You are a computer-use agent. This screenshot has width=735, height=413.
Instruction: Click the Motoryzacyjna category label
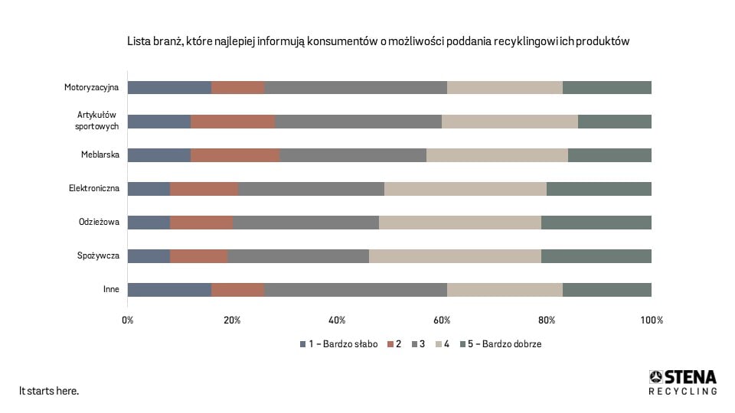[x=91, y=87]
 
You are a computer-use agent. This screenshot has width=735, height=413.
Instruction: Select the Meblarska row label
[x=100, y=155]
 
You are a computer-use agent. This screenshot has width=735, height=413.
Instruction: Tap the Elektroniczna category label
[x=93, y=189]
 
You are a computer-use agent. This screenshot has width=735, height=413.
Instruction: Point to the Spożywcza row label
[x=97, y=256]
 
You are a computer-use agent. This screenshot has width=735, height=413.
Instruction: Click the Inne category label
[x=110, y=290]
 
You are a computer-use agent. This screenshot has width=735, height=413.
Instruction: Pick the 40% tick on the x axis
[x=337, y=320]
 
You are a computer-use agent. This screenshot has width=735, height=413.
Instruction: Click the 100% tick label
[x=652, y=320]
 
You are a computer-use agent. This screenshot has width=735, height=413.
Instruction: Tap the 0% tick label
[x=128, y=320]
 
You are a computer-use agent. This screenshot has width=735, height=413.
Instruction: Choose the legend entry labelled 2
[x=394, y=344]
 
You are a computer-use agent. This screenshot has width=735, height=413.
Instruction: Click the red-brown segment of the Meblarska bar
[x=235, y=155]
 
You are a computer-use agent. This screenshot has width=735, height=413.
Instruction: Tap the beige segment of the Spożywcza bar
[x=455, y=256]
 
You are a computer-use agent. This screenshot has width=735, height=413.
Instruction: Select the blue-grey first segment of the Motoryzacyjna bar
[x=169, y=87]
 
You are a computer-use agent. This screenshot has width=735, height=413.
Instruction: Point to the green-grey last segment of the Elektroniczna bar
[x=599, y=189]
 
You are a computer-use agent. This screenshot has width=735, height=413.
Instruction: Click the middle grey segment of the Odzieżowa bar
[x=305, y=223]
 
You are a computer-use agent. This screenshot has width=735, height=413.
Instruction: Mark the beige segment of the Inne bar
[x=505, y=290]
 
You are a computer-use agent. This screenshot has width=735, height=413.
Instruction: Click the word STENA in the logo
[x=690, y=376]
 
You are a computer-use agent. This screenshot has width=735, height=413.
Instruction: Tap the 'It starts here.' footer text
[x=49, y=391]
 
